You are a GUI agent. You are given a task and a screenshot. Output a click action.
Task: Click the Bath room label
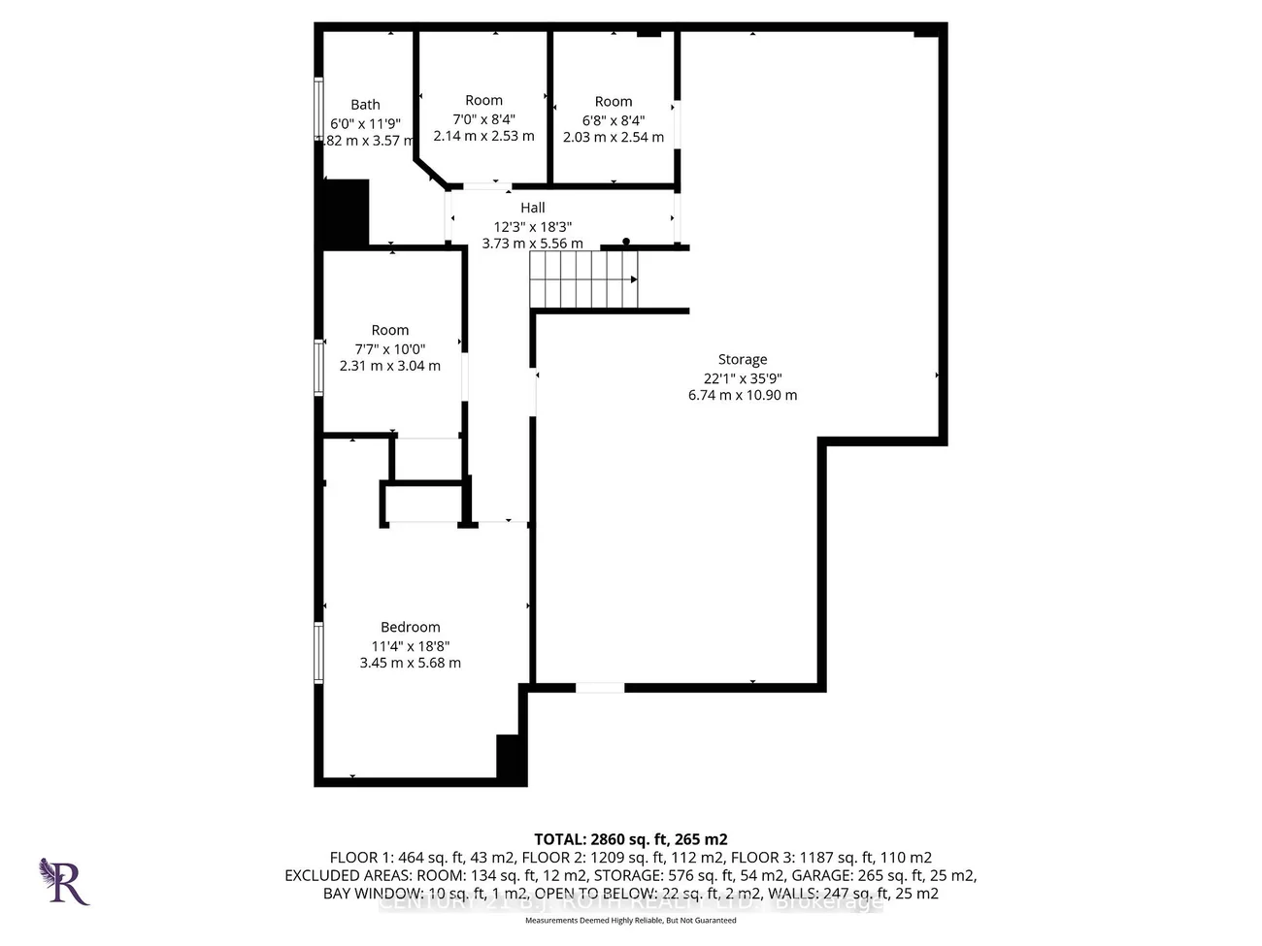[365, 105]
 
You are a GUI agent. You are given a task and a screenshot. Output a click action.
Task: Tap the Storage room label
[743, 360]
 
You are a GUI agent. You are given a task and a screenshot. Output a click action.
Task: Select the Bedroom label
[410, 628]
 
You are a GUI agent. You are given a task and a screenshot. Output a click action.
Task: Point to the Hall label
[532, 208]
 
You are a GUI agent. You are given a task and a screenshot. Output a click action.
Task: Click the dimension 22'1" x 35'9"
[743, 378]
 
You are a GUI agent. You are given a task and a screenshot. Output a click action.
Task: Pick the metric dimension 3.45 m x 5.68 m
[410, 664]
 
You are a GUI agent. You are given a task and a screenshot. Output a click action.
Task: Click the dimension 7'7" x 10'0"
[389, 349]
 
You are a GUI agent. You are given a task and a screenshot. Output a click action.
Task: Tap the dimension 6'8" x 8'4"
[613, 120]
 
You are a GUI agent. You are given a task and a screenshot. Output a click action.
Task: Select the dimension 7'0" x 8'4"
[483, 119]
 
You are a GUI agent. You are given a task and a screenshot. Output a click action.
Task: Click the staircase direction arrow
[633, 279]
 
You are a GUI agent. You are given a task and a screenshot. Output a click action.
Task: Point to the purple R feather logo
[64, 881]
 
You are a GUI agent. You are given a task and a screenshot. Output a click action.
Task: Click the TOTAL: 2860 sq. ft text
[630, 839]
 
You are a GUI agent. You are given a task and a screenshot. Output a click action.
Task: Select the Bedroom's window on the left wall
[318, 652]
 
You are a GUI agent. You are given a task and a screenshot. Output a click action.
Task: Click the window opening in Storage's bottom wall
[600, 688]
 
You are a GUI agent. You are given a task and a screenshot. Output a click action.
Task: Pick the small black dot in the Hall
[626, 241]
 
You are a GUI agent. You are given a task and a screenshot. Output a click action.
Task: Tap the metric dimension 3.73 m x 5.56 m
[532, 244]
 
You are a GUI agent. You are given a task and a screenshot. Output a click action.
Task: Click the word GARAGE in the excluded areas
[823, 875]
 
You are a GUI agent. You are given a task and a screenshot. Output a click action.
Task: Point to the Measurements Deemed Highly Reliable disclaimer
[630, 919]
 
